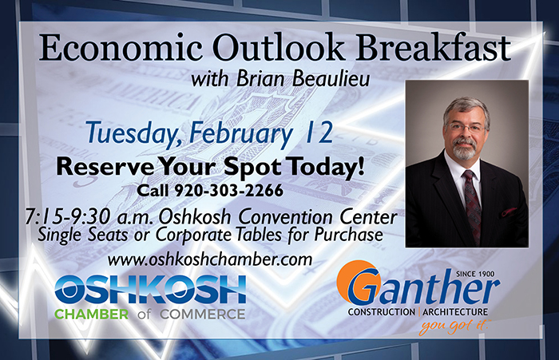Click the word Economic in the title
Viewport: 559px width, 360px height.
(121, 48)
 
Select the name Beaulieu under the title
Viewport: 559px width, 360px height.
(331, 79)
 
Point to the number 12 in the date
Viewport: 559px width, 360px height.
(319, 133)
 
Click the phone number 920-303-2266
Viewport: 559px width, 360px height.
(228, 191)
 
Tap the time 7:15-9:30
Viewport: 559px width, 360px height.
(69, 216)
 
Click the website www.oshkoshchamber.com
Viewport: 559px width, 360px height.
(209, 259)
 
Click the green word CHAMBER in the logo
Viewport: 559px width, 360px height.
(92, 315)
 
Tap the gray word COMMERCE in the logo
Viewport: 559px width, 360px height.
(203, 315)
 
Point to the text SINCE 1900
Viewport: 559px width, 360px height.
(475, 274)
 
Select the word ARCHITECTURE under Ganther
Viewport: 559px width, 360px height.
(455, 312)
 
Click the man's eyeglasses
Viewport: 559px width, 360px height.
(465, 128)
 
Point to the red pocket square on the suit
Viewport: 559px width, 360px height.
(509, 212)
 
